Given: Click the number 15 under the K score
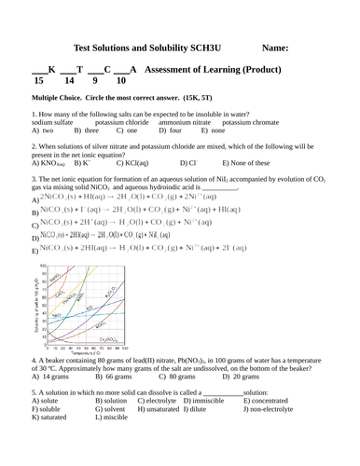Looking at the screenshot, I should point(38,82).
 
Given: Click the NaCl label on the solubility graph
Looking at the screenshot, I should point(57,316).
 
